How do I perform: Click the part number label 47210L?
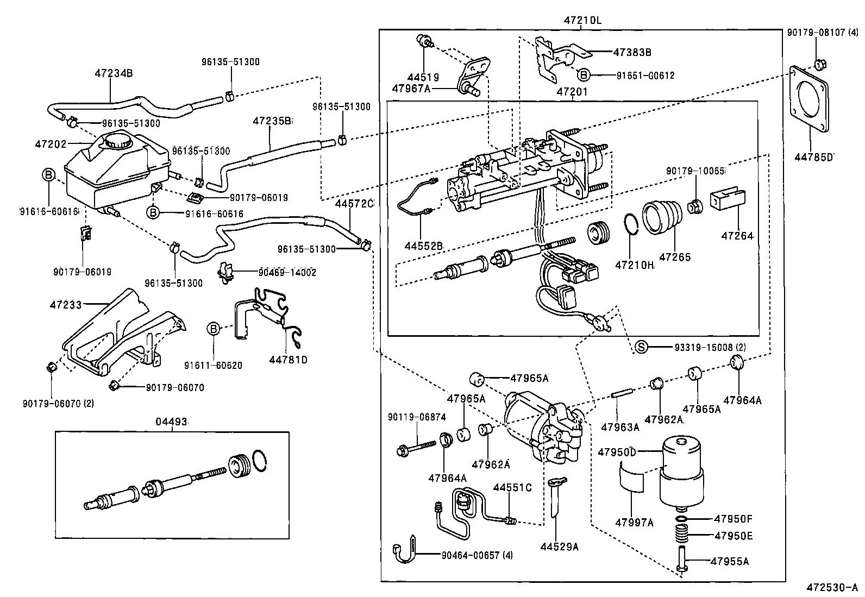[x=582, y=21]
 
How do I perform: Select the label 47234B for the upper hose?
[x=114, y=72]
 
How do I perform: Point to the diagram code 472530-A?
[x=832, y=587]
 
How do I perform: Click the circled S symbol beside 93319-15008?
[x=642, y=347]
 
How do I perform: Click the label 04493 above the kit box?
[x=172, y=422]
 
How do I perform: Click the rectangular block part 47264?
[x=728, y=200]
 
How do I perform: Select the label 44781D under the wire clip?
[x=288, y=359]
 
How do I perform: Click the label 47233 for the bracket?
[x=66, y=305]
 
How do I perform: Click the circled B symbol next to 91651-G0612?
[x=582, y=75]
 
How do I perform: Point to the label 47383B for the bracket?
[x=632, y=53]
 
